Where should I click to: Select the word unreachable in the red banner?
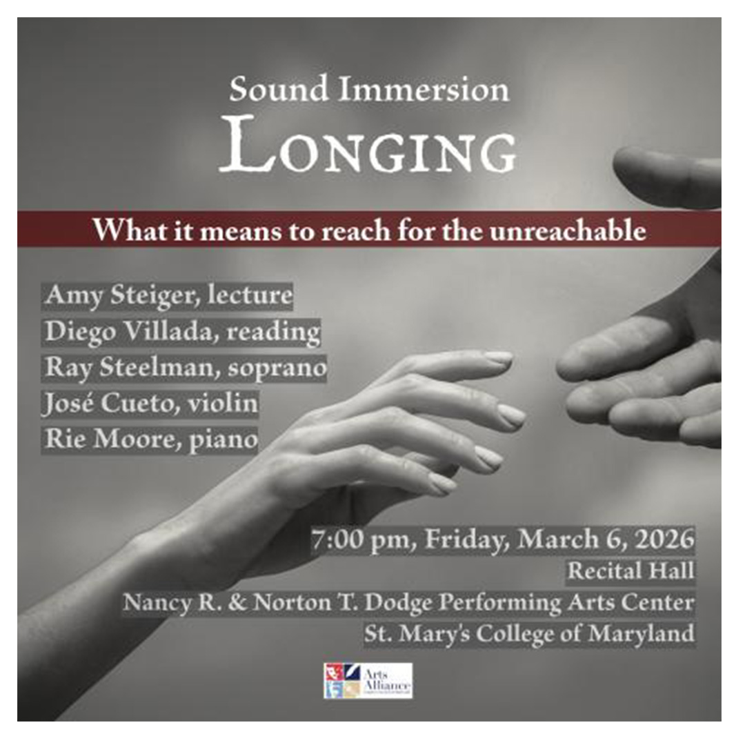[x=570, y=230]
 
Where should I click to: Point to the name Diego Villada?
[x=128, y=332]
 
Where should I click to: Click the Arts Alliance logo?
[x=368, y=680]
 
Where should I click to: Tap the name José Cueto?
[x=101, y=404]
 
